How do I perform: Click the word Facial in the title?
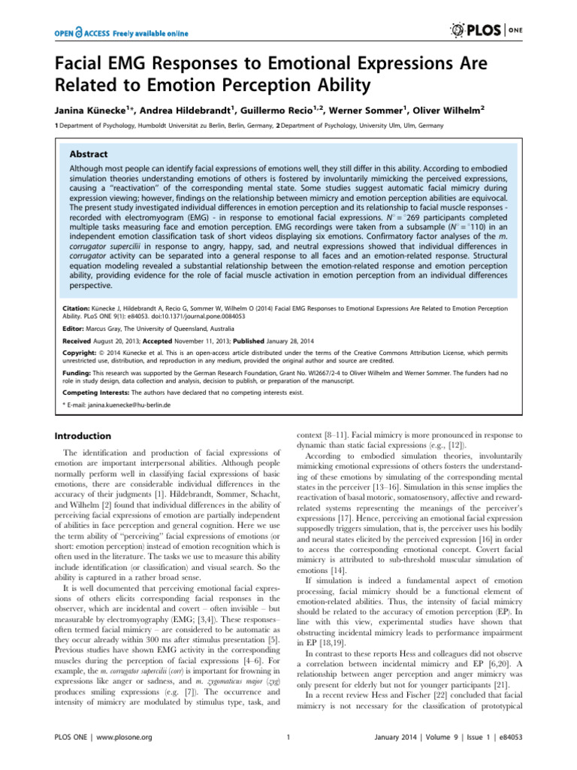(x=81, y=62)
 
